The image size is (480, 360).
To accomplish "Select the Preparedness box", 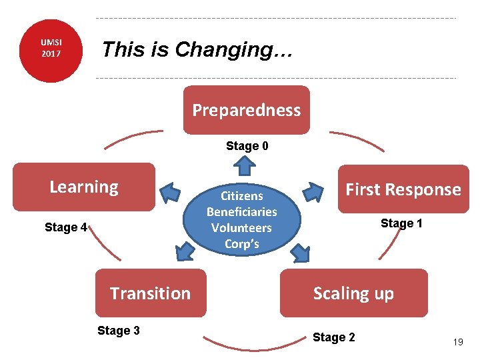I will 247,110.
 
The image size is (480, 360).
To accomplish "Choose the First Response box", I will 403,189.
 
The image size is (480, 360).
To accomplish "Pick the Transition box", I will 150,293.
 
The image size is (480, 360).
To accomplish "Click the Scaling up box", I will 353,293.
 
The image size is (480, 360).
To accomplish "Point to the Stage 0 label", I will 247,146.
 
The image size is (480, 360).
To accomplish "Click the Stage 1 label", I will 401,223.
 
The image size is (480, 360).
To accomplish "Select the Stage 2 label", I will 333,337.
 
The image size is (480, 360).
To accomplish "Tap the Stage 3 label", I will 118,331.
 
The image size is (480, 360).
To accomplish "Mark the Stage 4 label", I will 65,227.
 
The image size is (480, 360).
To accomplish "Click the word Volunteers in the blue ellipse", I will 241,228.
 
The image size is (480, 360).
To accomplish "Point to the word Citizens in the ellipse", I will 241,196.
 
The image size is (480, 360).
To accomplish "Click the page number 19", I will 458,342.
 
